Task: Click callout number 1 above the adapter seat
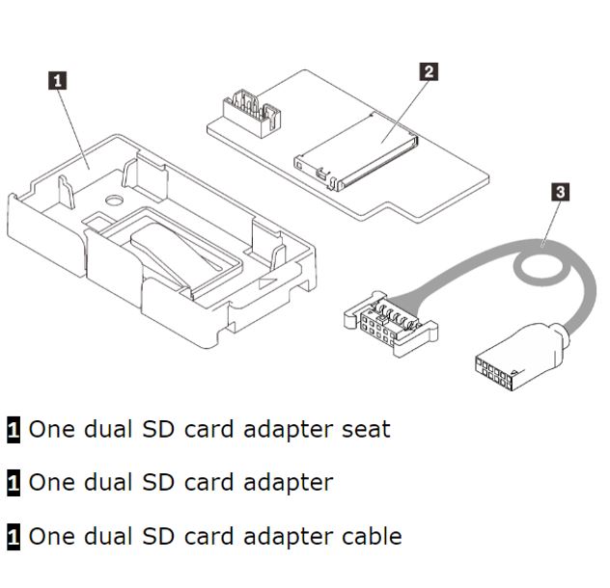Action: point(59,81)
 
